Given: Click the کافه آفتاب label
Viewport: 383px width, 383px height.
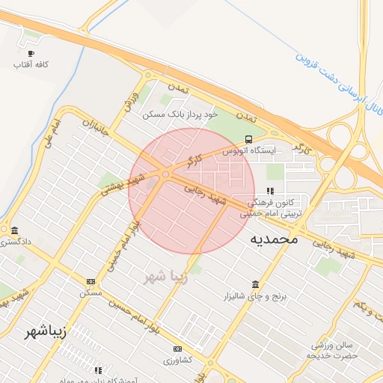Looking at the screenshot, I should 31,65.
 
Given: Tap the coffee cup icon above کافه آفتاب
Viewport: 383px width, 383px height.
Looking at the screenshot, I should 31,54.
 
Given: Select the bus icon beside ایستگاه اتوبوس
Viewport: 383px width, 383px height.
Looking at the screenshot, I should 248,139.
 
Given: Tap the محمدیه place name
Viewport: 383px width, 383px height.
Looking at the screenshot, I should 273,239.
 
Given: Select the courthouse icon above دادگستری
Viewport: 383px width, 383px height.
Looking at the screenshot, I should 14,230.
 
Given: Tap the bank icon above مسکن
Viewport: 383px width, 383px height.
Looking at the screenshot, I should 91,281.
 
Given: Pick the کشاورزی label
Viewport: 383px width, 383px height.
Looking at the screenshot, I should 177,360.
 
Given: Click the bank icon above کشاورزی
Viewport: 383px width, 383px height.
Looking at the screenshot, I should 177,349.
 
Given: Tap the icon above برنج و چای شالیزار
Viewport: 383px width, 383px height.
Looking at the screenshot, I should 256,285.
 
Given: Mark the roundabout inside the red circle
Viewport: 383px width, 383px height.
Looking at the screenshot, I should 165,174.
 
